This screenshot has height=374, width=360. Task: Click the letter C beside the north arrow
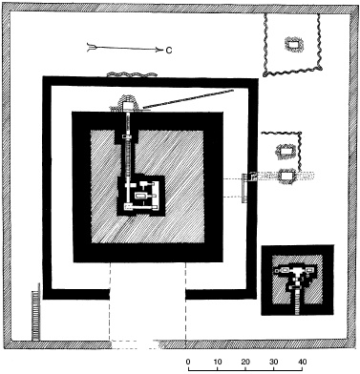click(x=169, y=51)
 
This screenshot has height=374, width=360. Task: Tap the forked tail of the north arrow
click(x=91, y=48)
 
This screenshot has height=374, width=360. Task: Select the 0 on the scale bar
click(x=188, y=362)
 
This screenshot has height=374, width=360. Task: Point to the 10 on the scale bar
click(x=218, y=362)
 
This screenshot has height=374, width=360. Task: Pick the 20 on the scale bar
click(x=245, y=362)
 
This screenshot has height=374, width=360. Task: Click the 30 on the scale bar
click(x=274, y=362)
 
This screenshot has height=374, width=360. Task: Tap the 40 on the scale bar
click(x=303, y=362)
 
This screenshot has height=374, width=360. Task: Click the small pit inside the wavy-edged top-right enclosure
click(x=294, y=44)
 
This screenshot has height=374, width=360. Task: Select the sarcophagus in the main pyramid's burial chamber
click(x=139, y=197)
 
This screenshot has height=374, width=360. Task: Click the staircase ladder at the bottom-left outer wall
click(x=35, y=311)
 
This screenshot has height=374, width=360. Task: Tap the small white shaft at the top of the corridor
click(x=128, y=105)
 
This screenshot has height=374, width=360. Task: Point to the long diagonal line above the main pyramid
click(x=188, y=99)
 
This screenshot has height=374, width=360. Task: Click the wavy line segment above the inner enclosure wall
click(x=132, y=74)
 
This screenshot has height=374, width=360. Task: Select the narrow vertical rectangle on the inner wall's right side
click(x=244, y=188)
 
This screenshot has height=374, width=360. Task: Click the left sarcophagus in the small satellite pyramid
click(x=285, y=270)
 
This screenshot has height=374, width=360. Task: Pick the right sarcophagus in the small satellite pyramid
click(x=309, y=270)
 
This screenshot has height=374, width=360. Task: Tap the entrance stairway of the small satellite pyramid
click(x=297, y=302)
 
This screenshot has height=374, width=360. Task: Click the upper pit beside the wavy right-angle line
click(x=286, y=151)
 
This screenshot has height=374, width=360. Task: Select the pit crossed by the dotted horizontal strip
click(x=287, y=176)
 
